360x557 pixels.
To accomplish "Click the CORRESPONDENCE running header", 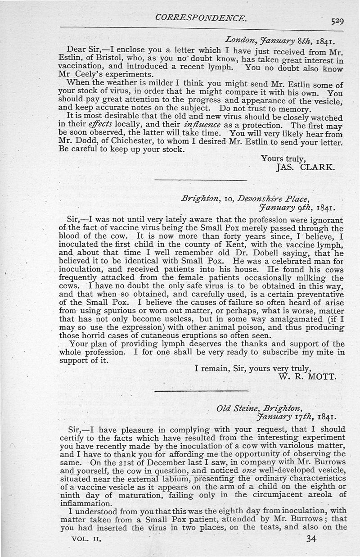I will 200,18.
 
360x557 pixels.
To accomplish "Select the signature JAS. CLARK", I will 305,168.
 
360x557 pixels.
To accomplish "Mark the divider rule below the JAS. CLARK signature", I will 201,180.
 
